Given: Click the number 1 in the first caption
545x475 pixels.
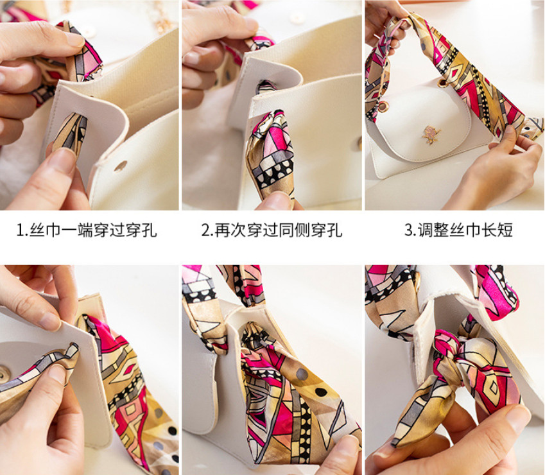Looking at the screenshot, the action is tap(20, 230).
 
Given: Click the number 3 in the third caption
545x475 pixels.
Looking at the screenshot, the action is tap(408, 230).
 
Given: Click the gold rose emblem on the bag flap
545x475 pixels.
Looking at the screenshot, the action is tap(431, 134).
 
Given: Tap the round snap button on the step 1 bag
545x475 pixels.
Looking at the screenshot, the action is tap(120, 166).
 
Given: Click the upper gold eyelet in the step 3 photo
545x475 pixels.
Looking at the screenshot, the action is tap(443, 82).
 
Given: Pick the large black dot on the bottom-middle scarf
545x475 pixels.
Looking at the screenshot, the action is tap(321, 392).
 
